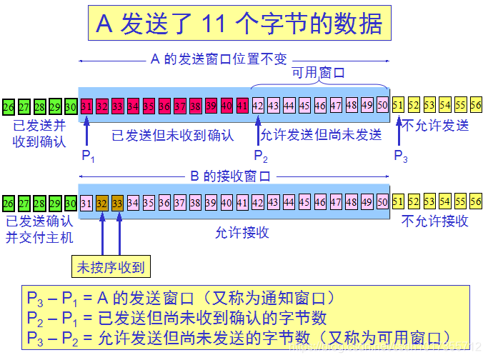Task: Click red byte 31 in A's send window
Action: pyautogui.click(x=86, y=106)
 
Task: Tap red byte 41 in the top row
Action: pyautogui.click(x=242, y=106)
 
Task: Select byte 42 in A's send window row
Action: pyautogui.click(x=258, y=106)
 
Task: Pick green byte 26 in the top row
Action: pyautogui.click(x=9, y=107)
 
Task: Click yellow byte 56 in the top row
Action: pyautogui.click(x=476, y=106)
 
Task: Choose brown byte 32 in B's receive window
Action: pyautogui.click(x=102, y=202)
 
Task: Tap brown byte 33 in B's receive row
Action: pyautogui.click(x=118, y=202)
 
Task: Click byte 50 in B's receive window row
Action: pyautogui.click(x=382, y=202)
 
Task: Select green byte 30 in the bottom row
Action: pyautogui.click(x=71, y=203)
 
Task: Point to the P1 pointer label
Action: pyautogui.click(x=88, y=156)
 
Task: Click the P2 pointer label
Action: pyautogui.click(x=261, y=156)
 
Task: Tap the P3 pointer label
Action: pyautogui.click(x=401, y=156)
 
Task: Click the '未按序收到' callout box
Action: pyautogui.click(x=111, y=268)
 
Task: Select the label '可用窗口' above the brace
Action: pyautogui.click(x=318, y=72)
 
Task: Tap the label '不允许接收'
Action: pyautogui.click(x=434, y=221)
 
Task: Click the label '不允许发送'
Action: pyautogui.click(x=435, y=126)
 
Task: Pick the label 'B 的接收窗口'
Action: pyautogui.click(x=230, y=176)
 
